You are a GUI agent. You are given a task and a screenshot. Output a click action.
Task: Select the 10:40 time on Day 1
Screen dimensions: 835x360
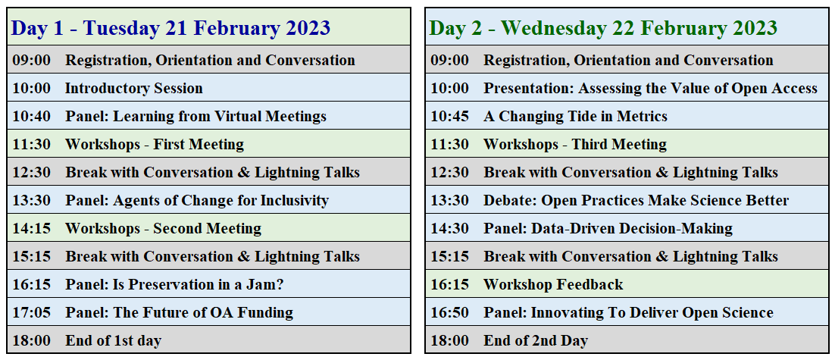click(31, 116)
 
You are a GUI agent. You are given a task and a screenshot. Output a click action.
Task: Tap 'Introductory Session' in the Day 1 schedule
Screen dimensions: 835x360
click(133, 88)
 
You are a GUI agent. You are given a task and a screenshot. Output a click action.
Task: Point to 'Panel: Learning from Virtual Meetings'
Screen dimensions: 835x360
click(195, 116)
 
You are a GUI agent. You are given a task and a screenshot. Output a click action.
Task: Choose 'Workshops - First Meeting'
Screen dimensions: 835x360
click(155, 144)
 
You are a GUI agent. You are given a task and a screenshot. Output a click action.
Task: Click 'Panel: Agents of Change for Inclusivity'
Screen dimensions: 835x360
click(196, 200)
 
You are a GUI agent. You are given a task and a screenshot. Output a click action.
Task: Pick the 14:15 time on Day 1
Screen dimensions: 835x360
click(31, 228)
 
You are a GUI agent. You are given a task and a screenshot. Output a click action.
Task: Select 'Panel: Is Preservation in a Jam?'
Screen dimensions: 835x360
click(174, 284)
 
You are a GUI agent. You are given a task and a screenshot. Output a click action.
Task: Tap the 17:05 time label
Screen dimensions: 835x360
click(31, 312)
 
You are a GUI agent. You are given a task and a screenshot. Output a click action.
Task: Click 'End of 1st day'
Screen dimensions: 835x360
click(113, 341)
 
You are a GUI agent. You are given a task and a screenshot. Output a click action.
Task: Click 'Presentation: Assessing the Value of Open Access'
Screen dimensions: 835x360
click(650, 88)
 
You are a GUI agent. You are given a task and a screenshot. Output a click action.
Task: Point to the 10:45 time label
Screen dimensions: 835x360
click(449, 116)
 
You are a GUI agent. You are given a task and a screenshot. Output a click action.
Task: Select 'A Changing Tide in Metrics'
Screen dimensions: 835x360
click(575, 116)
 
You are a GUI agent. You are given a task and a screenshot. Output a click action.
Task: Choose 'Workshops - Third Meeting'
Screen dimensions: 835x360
click(574, 144)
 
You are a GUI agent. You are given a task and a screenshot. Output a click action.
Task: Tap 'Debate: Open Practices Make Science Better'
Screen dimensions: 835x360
click(636, 200)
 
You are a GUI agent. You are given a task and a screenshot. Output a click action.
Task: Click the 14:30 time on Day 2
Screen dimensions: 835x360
click(449, 228)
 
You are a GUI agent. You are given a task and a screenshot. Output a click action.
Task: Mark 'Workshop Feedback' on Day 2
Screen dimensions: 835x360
click(553, 284)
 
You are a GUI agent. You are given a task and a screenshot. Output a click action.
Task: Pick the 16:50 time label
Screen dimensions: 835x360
click(449, 312)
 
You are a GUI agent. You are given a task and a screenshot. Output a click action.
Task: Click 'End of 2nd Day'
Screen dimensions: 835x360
click(535, 341)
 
